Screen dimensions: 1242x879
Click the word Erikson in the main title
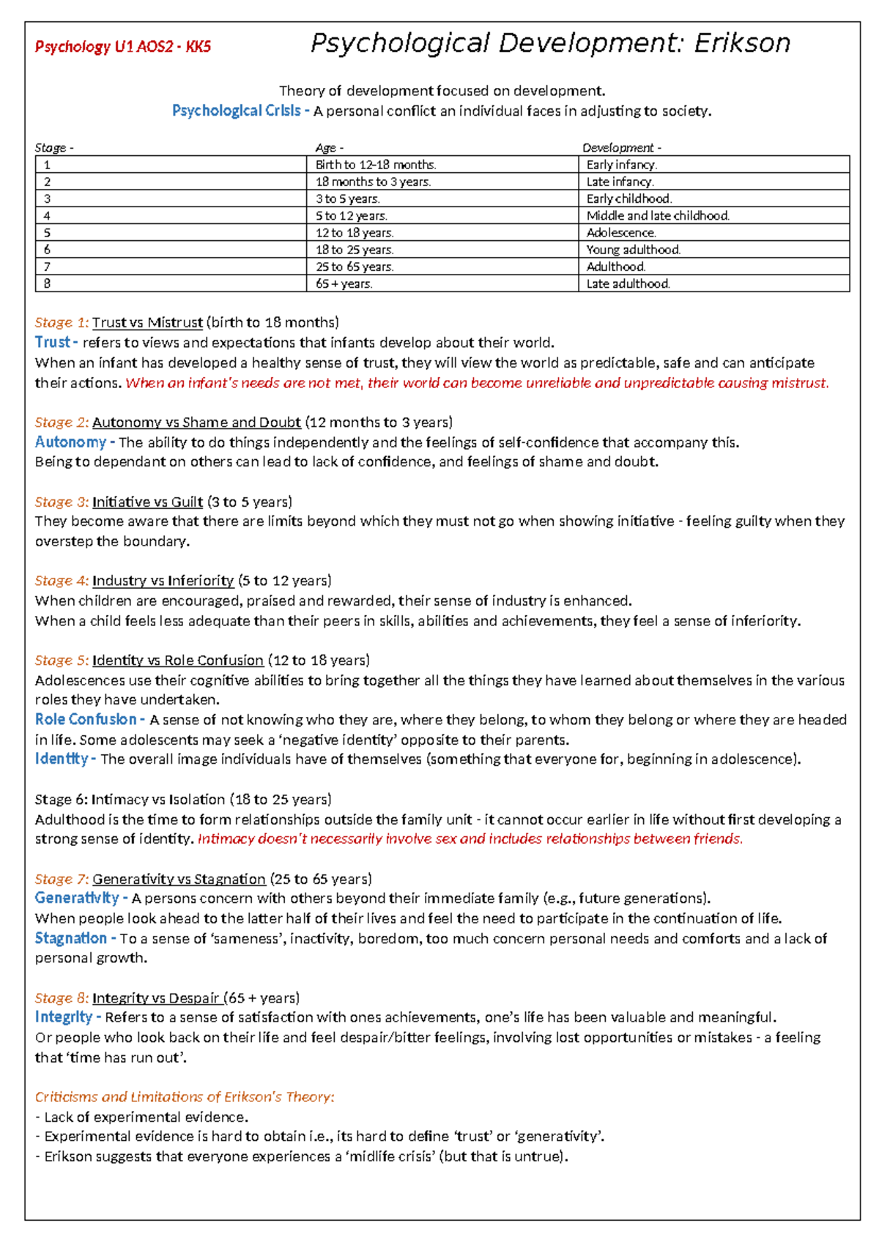(x=742, y=43)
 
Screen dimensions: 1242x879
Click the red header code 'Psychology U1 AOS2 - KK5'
(x=123, y=47)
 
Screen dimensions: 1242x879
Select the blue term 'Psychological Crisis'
(x=236, y=111)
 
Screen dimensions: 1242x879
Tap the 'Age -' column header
(x=329, y=148)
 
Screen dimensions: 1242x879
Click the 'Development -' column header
(x=622, y=148)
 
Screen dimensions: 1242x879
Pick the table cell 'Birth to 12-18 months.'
(x=376, y=165)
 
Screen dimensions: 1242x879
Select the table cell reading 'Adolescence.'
(x=621, y=233)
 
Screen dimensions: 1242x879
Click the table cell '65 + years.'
(x=344, y=284)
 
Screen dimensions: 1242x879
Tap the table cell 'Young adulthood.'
(x=634, y=250)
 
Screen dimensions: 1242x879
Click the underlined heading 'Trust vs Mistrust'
(x=147, y=323)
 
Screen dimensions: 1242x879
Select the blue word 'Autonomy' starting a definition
(x=70, y=442)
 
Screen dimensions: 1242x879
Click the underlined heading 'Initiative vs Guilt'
(x=147, y=502)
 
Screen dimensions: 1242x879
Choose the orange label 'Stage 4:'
(x=62, y=581)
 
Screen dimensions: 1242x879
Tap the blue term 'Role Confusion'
(x=85, y=720)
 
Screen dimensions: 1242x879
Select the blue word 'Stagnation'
(x=70, y=939)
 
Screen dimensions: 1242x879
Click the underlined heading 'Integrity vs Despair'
(x=156, y=999)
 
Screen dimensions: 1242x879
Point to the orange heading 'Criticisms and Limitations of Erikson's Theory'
(x=185, y=1097)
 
